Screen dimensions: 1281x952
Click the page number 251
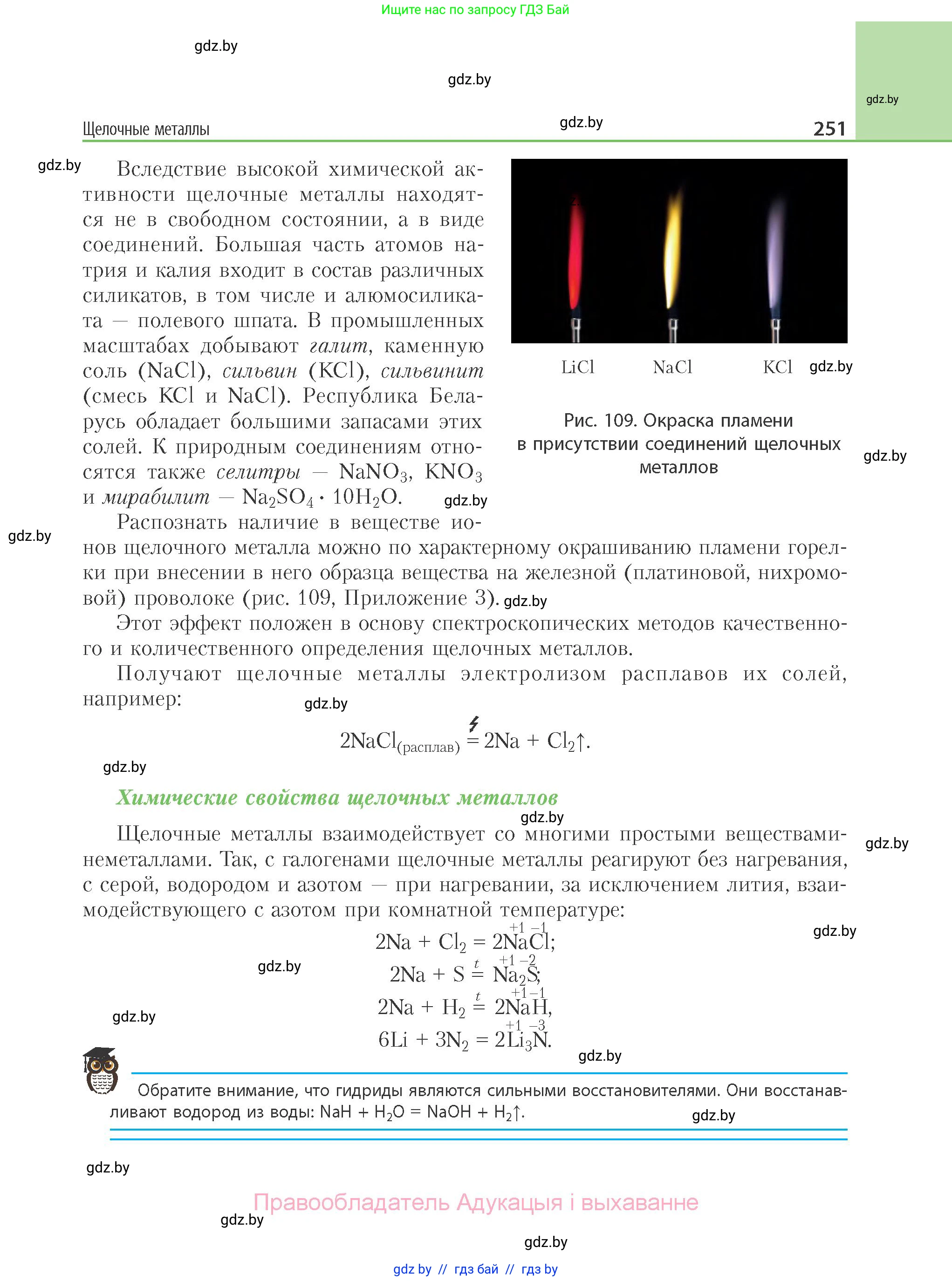point(829,128)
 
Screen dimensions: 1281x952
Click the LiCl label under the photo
point(577,367)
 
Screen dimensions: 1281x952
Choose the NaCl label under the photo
point(672,367)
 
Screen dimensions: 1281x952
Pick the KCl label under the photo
point(777,367)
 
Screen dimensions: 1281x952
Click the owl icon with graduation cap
point(102,1071)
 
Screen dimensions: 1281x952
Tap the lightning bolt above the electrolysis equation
point(474,723)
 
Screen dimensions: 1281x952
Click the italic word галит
point(338,346)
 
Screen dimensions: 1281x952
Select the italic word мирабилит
point(156,497)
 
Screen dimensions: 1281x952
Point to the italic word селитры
point(258,472)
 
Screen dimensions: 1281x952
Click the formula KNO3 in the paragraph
point(453,472)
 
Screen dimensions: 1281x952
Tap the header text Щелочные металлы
point(146,129)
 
